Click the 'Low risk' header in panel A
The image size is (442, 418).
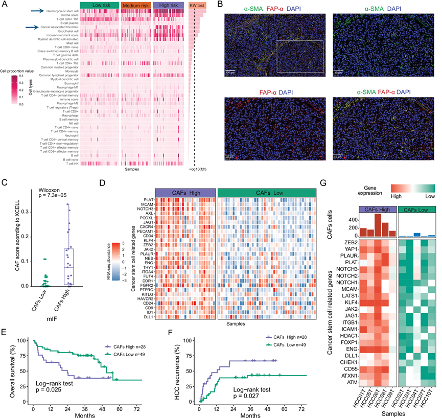99,5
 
